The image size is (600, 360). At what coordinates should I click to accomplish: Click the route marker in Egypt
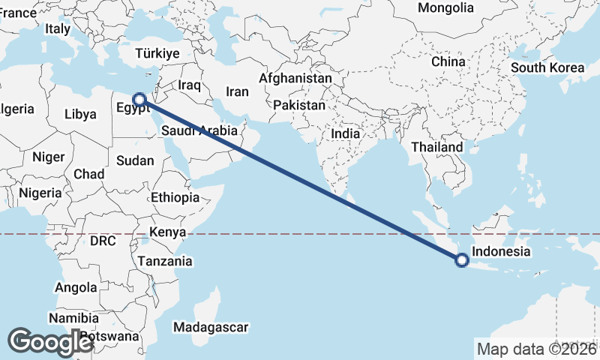click(139, 98)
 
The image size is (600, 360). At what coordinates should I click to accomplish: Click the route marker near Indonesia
click(461, 260)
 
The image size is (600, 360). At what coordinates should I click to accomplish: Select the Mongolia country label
click(446, 8)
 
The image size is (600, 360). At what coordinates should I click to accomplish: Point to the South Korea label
click(547, 67)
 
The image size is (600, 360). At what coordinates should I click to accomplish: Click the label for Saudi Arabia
click(199, 130)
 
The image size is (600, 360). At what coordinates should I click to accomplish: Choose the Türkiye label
click(157, 53)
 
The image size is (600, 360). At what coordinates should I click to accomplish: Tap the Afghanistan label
click(295, 78)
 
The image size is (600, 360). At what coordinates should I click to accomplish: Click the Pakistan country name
click(299, 105)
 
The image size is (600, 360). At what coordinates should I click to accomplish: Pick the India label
click(346, 133)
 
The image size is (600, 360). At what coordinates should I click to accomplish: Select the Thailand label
click(437, 147)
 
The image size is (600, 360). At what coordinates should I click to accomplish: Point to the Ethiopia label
click(175, 198)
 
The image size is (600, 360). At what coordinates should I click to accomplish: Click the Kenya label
click(167, 232)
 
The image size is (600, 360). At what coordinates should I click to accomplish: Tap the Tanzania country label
click(164, 261)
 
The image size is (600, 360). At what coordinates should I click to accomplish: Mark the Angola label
click(76, 287)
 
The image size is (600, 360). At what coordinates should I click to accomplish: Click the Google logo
click(50, 342)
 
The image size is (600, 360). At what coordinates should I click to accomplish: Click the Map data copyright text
click(537, 349)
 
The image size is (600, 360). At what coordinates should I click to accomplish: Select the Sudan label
click(135, 160)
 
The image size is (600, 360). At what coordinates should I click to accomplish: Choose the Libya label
click(80, 115)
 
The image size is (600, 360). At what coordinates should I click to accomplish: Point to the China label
click(448, 61)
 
